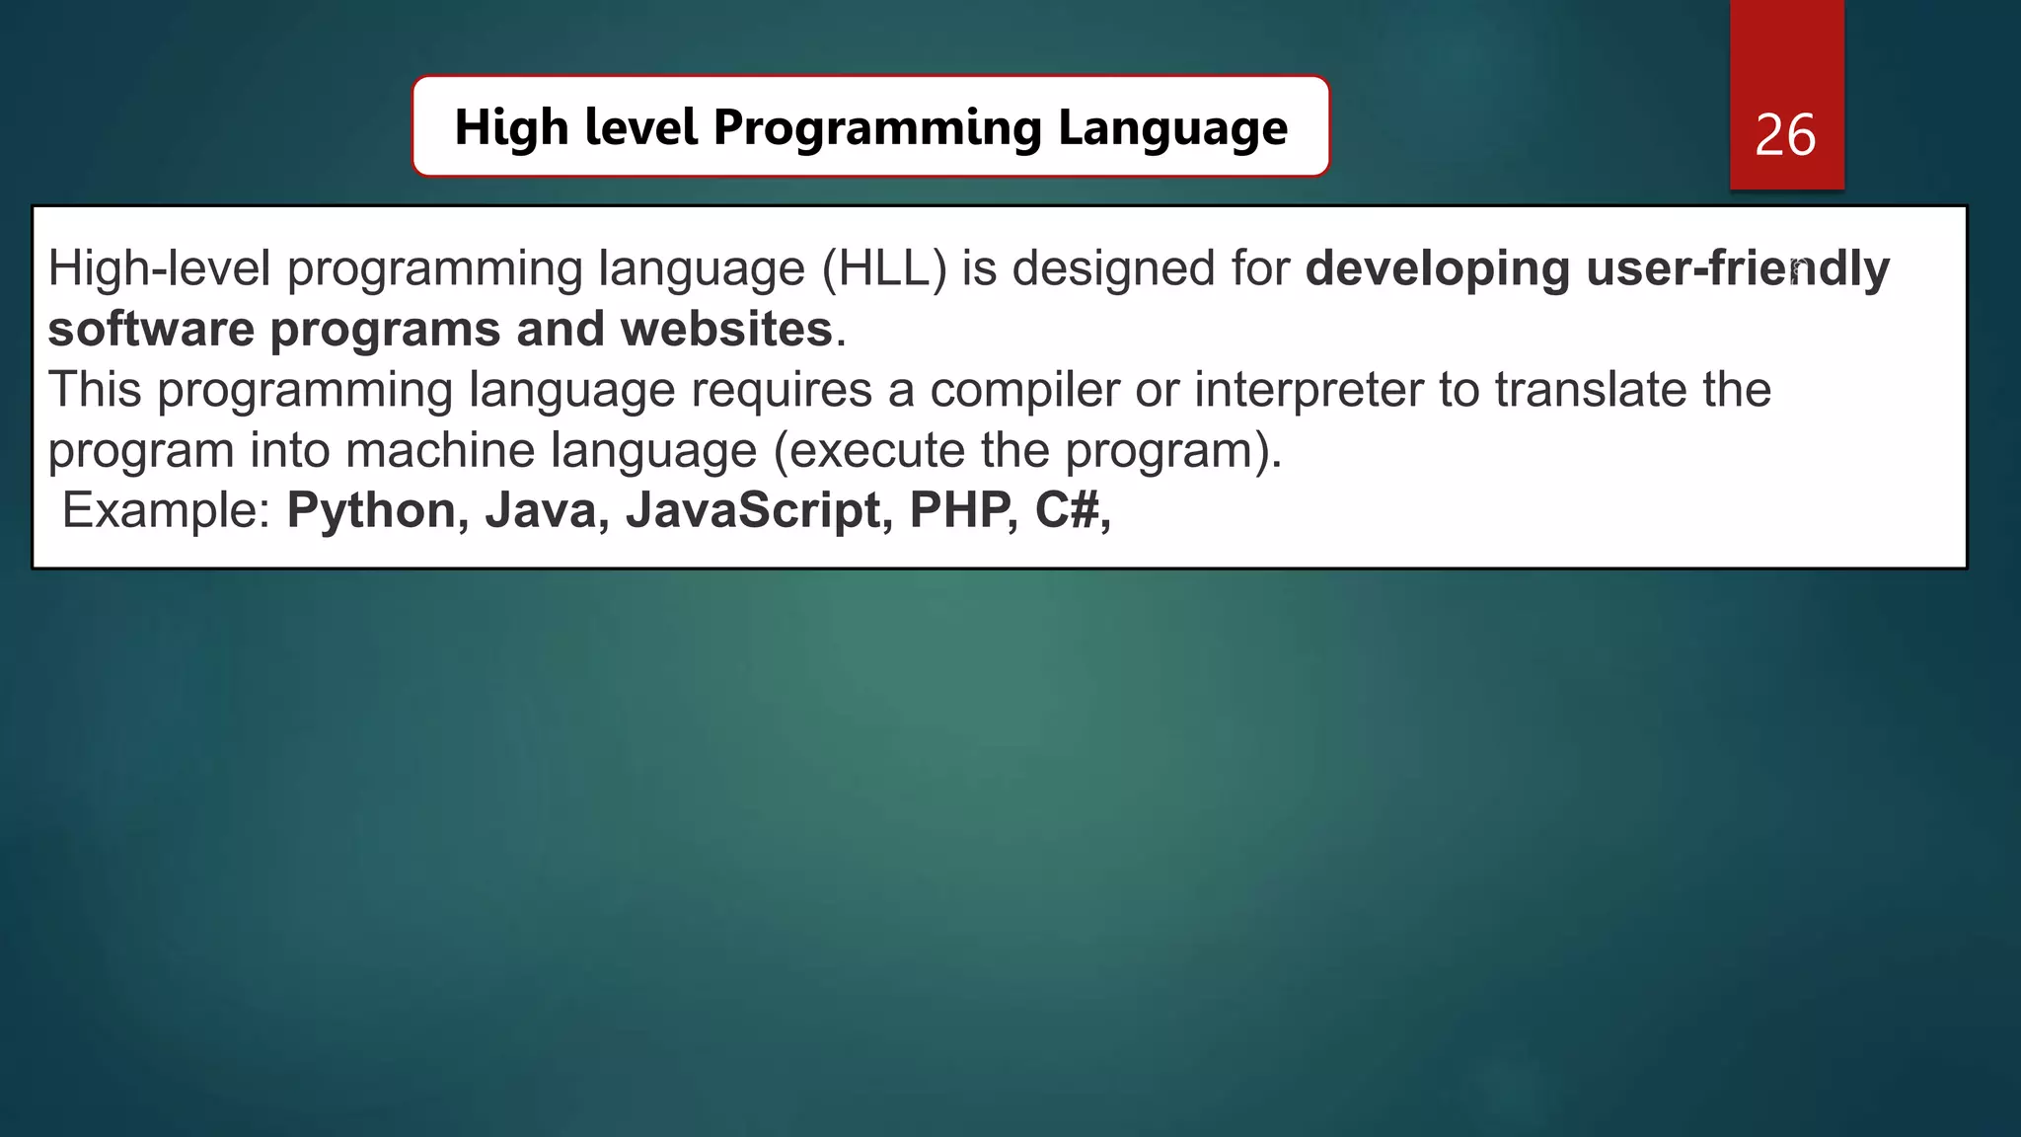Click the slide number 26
tap(1785, 135)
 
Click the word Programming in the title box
tap(877, 128)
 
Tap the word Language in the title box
tap(1172, 128)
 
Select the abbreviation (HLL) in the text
tap(884, 268)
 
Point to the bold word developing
tap(1437, 268)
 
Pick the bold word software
tap(151, 329)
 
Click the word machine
tap(440, 450)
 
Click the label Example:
tap(166, 510)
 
